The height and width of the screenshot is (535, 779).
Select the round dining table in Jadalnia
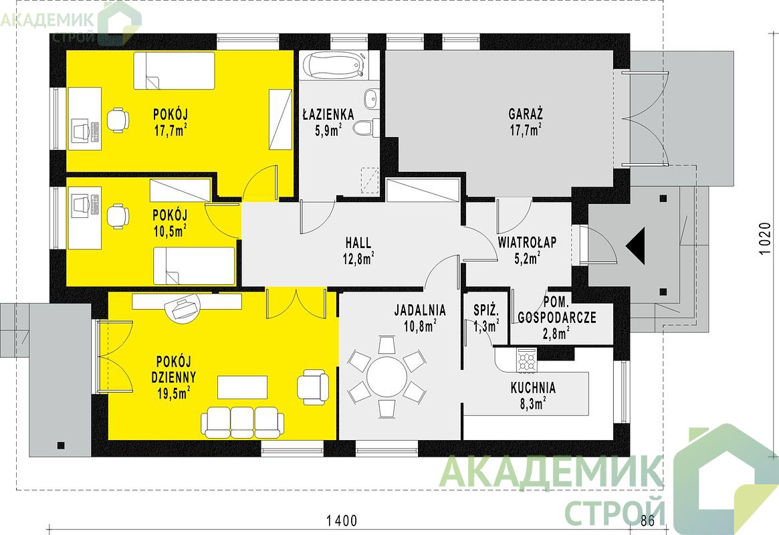click(x=386, y=377)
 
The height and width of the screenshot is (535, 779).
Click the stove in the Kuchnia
click(x=527, y=360)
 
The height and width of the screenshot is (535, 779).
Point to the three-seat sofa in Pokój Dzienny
click(x=243, y=422)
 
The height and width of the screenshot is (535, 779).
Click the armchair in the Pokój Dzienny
click(x=313, y=386)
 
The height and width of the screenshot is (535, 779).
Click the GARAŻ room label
click(x=525, y=114)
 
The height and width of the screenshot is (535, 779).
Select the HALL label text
click(x=358, y=242)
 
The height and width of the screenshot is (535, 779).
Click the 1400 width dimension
click(x=342, y=520)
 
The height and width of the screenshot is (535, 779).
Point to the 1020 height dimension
click(x=766, y=239)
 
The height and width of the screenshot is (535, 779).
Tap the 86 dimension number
click(x=648, y=520)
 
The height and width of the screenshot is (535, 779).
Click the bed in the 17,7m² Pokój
click(x=174, y=70)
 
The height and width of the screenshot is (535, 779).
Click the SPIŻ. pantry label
click(x=485, y=310)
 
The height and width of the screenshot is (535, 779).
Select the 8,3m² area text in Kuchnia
click(x=532, y=403)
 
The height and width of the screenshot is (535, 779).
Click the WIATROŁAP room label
click(x=527, y=242)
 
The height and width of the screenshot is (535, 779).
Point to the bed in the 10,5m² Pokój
click(x=194, y=266)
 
